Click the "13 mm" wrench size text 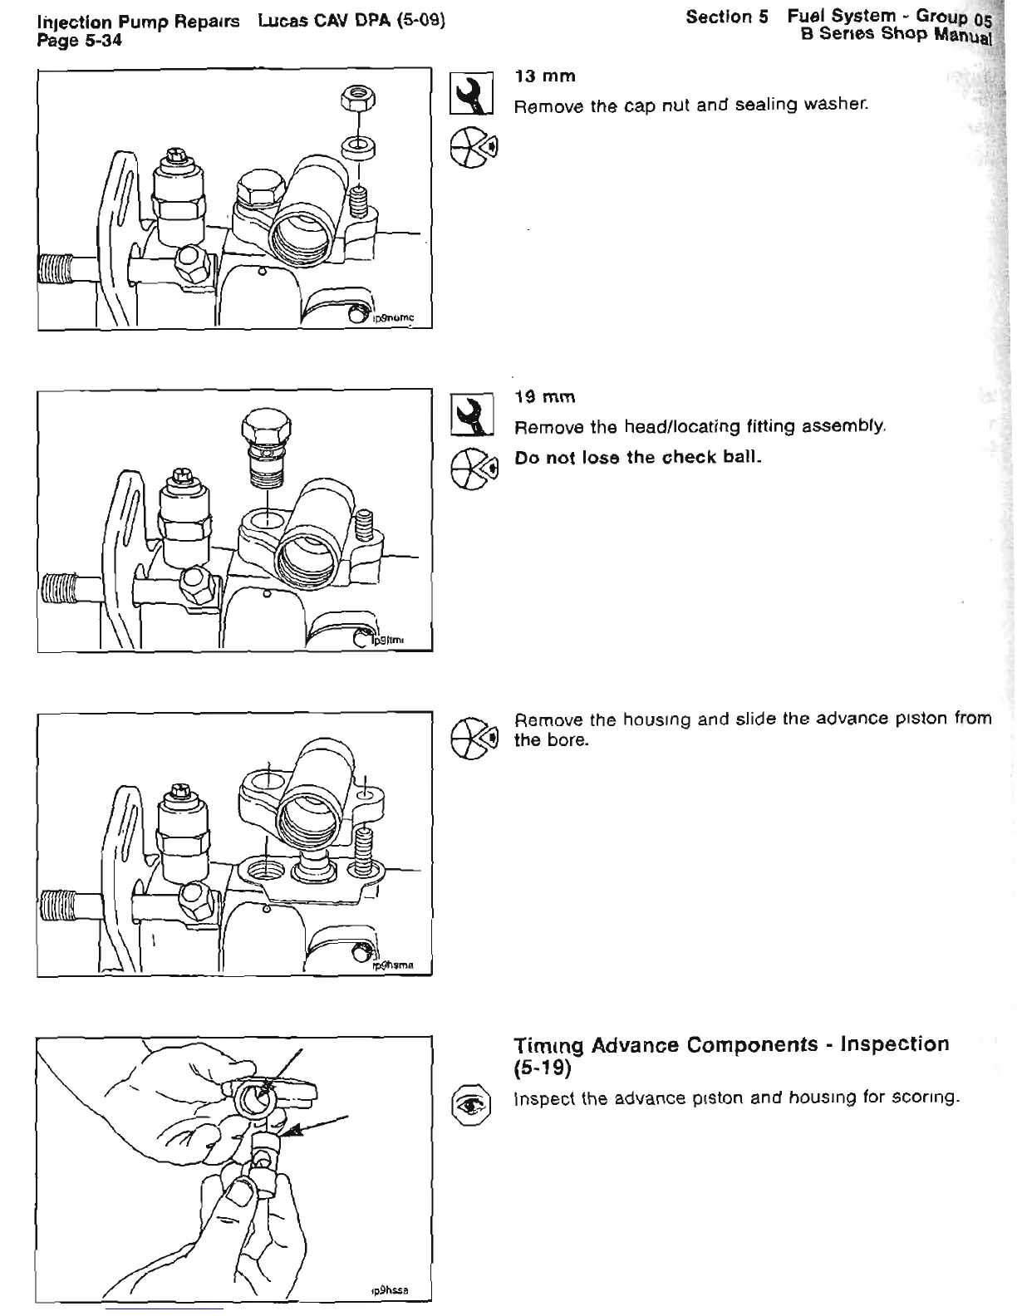pos(545,76)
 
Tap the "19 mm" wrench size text pos(545,397)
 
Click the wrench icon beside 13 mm pos(472,93)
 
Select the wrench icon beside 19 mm pos(472,414)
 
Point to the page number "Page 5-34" pos(80,39)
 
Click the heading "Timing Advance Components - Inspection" pos(731,1044)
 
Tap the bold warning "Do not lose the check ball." pos(638,458)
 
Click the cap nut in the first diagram pos(358,99)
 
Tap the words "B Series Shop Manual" pos(896,35)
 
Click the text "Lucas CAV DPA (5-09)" pos(352,20)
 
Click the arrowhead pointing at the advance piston pos(286,1132)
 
